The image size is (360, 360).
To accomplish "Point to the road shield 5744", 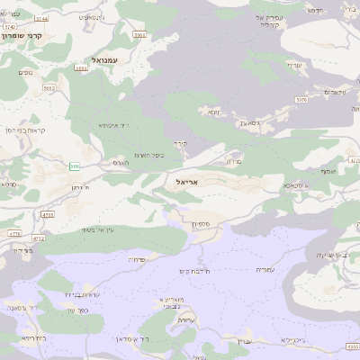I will click(x=10, y=28).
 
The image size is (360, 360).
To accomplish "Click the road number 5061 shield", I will click(x=139, y=34).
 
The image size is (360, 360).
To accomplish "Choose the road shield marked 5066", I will click(x=83, y=67).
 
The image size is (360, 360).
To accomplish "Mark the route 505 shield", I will click(x=74, y=166).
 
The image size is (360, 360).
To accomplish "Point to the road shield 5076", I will click(x=301, y=100).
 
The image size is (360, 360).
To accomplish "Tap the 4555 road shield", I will click(x=352, y=346).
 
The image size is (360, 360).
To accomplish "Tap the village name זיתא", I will click(x=212, y=112).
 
